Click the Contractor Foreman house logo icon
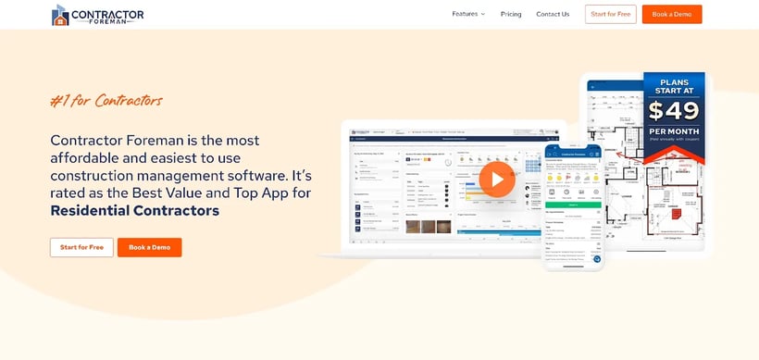[61, 15]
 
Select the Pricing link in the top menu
[511, 14]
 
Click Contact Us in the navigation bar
[553, 14]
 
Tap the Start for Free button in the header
[610, 14]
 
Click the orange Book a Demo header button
[671, 14]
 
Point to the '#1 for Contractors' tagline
[106, 100]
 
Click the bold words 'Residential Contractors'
[135, 210]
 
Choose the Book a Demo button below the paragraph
[149, 247]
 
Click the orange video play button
[497, 180]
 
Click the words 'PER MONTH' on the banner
[674, 133]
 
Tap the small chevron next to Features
[482, 14]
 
